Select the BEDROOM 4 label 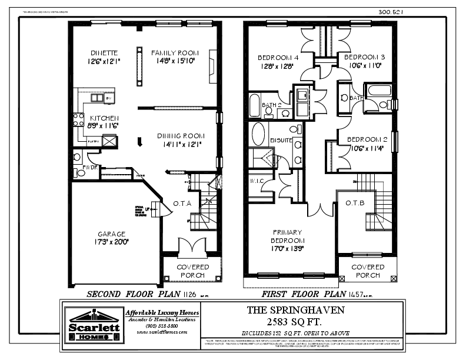tap(277, 58)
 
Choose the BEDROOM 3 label tap(364, 57)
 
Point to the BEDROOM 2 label tap(366, 139)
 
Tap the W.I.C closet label tap(257, 181)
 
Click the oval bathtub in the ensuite tap(258, 134)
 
